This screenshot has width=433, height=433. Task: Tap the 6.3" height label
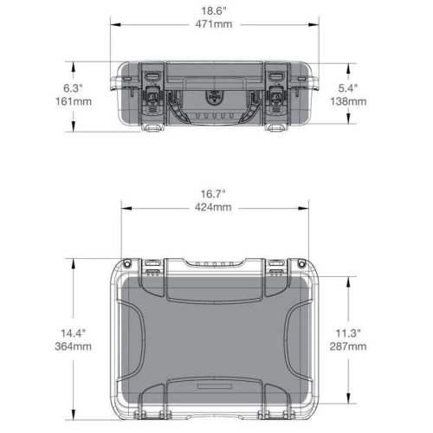point(72,88)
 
